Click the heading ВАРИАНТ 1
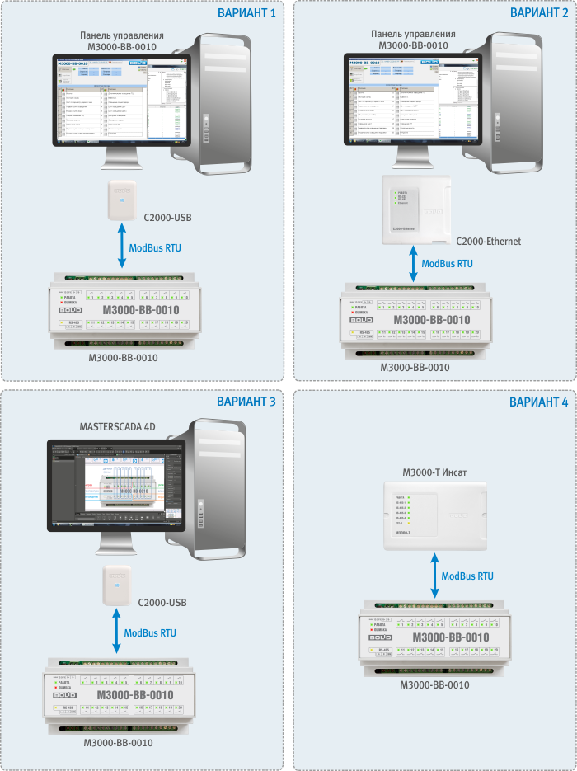[x=246, y=13]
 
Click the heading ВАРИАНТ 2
[x=538, y=13]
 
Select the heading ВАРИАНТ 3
[x=246, y=402]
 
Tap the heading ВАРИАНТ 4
[x=538, y=402]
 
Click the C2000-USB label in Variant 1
[x=168, y=218]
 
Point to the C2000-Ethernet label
[x=488, y=242]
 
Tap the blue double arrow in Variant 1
[x=123, y=246]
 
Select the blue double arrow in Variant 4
[x=434, y=576]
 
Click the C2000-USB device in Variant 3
[x=119, y=586]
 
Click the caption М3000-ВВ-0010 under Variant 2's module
[x=414, y=367]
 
